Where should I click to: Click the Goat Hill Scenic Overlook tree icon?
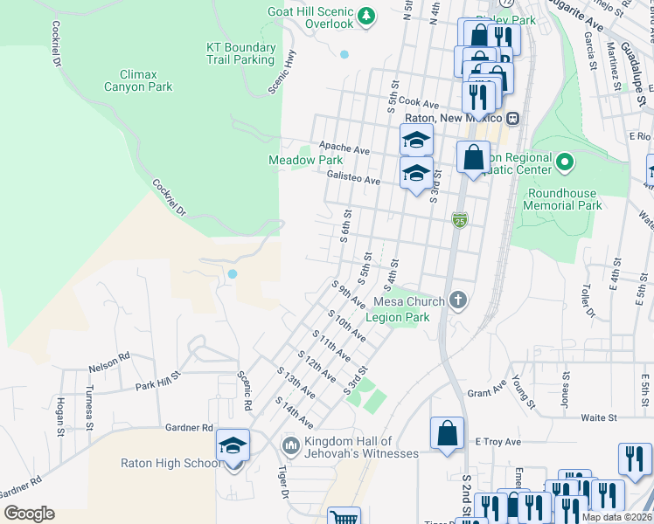(367, 16)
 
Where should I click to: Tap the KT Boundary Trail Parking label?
(240, 54)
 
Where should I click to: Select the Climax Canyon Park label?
(138, 81)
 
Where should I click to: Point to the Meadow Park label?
(305, 161)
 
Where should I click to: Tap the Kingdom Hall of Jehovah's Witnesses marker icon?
(291, 447)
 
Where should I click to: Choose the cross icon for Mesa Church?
(458, 301)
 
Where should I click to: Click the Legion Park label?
(397, 317)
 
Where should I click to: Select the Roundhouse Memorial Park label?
(563, 200)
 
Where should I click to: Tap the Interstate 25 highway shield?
(459, 219)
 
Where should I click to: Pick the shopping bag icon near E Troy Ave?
(447, 433)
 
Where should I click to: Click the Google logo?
(29, 514)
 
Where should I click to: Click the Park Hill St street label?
(157, 380)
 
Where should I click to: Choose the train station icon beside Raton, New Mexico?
(513, 118)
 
